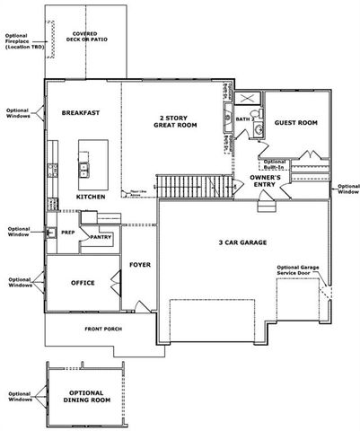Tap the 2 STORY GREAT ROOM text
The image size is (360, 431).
coord(175,122)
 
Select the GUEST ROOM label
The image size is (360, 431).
coord(295,122)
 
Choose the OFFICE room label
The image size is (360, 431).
coord(83,283)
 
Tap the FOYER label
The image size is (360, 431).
coord(139,264)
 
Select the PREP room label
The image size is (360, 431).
coord(67,232)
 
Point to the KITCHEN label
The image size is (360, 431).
coord(91,196)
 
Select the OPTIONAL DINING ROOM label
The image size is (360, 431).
coord(86,398)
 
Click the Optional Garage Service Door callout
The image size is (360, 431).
coord(299,271)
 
